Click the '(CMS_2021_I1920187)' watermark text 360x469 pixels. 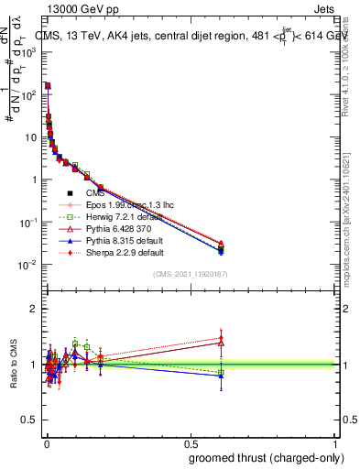click(191, 274)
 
